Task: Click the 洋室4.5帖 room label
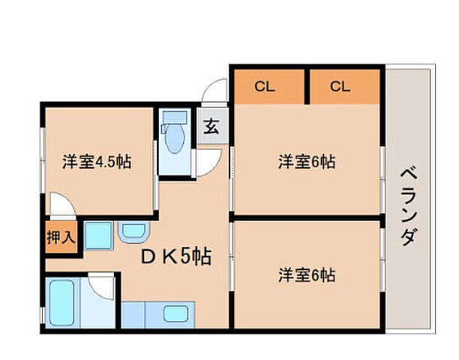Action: pyautogui.click(x=97, y=161)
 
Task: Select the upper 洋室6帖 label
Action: pyautogui.click(x=307, y=161)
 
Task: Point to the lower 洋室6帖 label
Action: pyautogui.click(x=307, y=275)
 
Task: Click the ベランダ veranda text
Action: pyautogui.click(x=409, y=202)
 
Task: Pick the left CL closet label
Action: pyautogui.click(x=265, y=86)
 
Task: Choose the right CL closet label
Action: pyautogui.click(x=340, y=86)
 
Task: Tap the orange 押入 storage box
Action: pyautogui.click(x=60, y=238)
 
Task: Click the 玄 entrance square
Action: pyautogui.click(x=211, y=126)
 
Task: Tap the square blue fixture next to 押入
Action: pyautogui.click(x=98, y=235)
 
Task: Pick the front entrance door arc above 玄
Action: pyautogui.click(x=217, y=91)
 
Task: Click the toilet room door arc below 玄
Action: pyautogui.click(x=210, y=159)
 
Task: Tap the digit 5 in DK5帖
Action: pyautogui.click(x=184, y=257)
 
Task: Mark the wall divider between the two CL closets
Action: pyautogui.click(x=307, y=86)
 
